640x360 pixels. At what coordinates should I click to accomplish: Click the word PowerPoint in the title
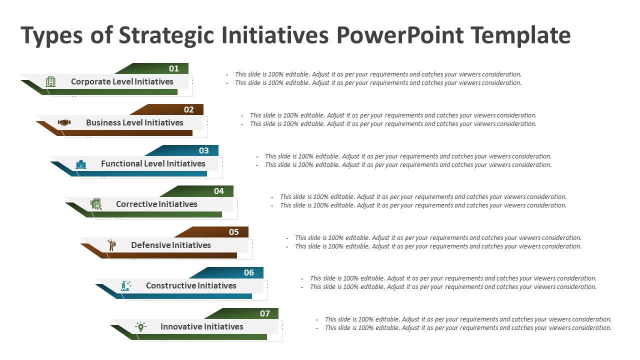tap(400, 35)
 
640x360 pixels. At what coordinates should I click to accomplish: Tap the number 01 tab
tap(173, 68)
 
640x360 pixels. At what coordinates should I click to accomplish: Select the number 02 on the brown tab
tap(188, 109)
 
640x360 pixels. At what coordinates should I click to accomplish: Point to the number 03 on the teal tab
tap(203, 150)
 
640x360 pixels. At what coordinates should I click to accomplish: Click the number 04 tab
tap(218, 191)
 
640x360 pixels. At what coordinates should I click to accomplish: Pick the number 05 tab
tap(233, 232)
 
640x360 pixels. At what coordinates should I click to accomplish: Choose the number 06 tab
tap(248, 272)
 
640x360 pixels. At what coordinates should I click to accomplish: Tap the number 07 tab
tap(264, 313)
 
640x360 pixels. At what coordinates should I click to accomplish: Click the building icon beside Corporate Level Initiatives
tap(51, 82)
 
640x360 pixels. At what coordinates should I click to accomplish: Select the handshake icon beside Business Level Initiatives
tap(64, 122)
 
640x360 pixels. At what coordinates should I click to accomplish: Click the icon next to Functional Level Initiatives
tap(81, 164)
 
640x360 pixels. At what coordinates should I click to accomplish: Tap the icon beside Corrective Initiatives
tap(96, 204)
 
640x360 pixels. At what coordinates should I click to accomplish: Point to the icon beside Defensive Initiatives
tap(111, 245)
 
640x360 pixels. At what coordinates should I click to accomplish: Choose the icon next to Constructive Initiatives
tap(126, 286)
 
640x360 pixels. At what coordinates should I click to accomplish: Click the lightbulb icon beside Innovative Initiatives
tap(141, 327)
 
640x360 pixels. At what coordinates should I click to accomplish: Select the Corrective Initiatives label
tap(156, 204)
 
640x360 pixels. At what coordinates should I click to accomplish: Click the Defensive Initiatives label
tap(171, 245)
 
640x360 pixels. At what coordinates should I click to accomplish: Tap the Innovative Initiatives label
tap(201, 326)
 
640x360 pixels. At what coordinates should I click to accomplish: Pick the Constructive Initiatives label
tap(191, 285)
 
